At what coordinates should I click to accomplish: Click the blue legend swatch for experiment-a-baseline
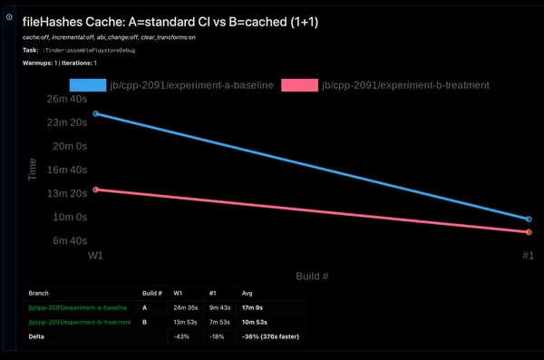[x=86, y=85]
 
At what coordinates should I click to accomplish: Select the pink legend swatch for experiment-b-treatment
[x=299, y=85]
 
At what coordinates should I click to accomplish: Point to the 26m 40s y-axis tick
[x=65, y=99]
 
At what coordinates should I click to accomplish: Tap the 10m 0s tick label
[x=70, y=217]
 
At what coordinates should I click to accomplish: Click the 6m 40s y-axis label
[x=68, y=240]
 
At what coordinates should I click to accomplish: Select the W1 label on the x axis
[x=94, y=257]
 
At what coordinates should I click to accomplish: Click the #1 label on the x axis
[x=527, y=257]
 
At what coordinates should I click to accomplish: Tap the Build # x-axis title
[x=311, y=275]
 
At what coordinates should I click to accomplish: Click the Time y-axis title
[x=33, y=170]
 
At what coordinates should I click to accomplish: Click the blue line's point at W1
[x=95, y=113]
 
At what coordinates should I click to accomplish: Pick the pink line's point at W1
[x=95, y=190]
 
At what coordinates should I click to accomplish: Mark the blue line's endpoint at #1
[x=529, y=219]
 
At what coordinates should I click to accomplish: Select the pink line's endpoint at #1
[x=529, y=232]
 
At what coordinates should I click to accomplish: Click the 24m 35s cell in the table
[x=186, y=308]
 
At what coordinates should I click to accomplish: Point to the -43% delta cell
[x=181, y=336]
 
